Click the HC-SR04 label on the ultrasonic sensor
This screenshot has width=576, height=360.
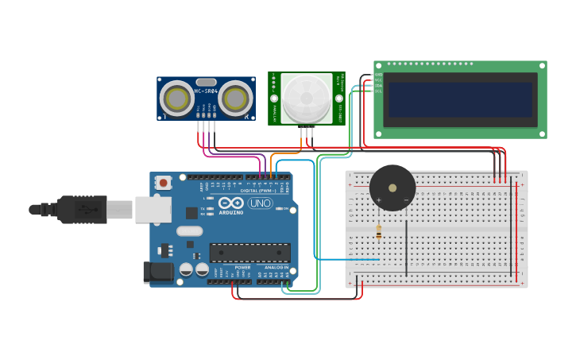(206, 91)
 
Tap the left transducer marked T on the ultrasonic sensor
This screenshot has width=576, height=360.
(176, 99)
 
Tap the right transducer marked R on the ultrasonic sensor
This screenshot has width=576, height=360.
(235, 99)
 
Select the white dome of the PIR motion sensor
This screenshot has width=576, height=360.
(307, 98)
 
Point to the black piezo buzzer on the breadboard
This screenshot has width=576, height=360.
(392, 188)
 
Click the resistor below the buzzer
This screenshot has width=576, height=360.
(378, 231)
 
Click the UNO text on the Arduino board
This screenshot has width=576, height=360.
(260, 203)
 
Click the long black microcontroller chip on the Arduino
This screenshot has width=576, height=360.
(249, 253)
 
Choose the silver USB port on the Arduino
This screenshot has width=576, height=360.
(153, 210)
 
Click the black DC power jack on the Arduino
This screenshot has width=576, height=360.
(157, 273)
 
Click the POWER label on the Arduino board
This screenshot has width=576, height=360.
(242, 268)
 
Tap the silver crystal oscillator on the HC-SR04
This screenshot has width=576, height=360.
(206, 82)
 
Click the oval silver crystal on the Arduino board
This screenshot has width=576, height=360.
(190, 231)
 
